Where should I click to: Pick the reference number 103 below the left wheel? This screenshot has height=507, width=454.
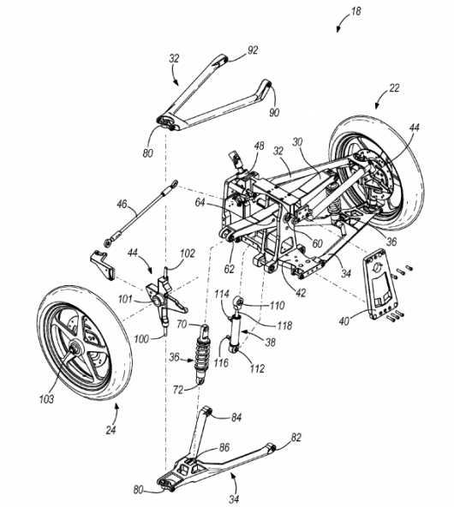point(46,399)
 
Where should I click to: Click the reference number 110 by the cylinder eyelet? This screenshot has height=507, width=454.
point(276,304)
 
